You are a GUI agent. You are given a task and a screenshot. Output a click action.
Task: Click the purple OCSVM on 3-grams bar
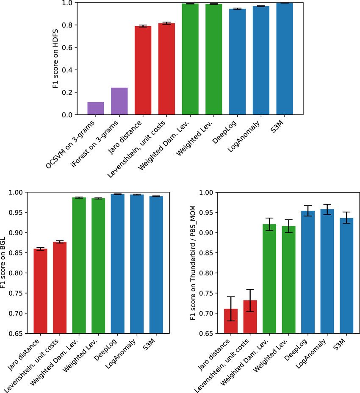point(96,108)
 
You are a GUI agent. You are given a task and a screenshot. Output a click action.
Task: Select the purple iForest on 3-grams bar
point(119,101)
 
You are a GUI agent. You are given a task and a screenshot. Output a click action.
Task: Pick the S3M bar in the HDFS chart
point(285,59)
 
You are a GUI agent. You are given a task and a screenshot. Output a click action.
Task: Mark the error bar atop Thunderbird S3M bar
point(346,218)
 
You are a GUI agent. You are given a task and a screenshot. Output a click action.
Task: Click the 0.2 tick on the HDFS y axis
point(70,92)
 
